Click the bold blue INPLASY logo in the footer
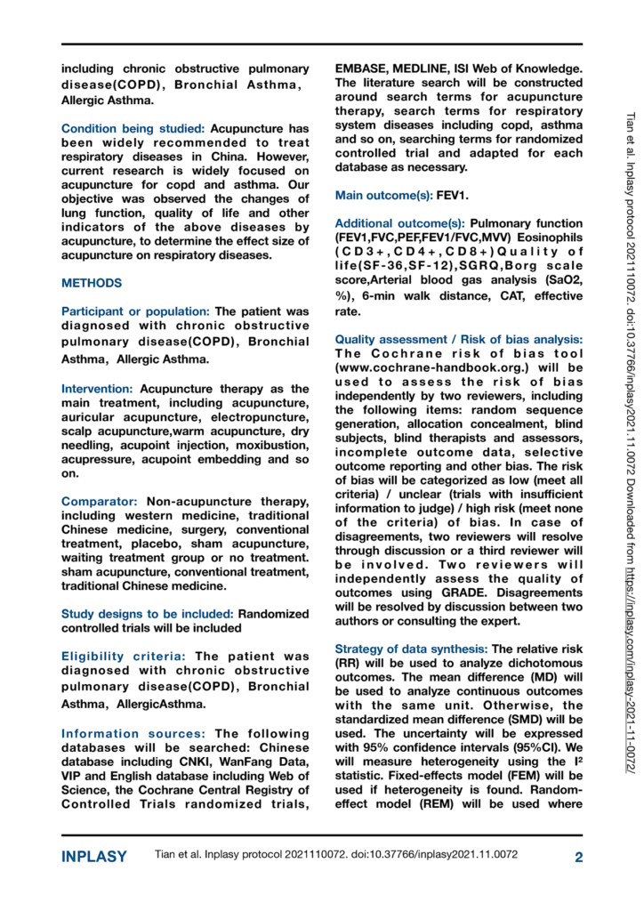(x=93, y=858)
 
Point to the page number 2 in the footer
(x=577, y=858)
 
